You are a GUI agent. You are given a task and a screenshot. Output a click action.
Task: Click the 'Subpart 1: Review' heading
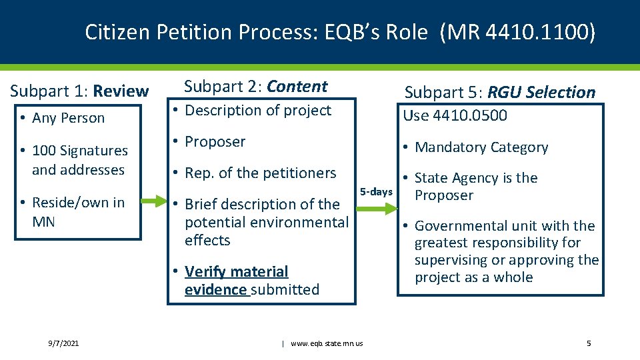(x=79, y=91)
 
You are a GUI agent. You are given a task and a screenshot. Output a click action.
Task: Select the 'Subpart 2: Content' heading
(x=255, y=86)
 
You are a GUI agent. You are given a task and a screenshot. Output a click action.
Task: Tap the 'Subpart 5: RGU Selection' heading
(x=499, y=92)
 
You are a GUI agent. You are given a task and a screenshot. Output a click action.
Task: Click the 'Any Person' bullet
(x=69, y=118)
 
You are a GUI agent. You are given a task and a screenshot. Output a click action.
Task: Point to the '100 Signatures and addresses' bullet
(x=79, y=160)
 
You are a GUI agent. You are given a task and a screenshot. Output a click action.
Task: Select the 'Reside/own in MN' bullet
(x=78, y=211)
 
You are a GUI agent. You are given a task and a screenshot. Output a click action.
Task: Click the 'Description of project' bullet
(x=257, y=111)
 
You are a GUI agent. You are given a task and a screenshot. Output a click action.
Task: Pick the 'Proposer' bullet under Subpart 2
(x=215, y=141)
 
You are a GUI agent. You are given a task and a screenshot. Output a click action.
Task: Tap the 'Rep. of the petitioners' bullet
(x=260, y=173)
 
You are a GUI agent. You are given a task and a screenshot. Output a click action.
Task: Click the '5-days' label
(x=376, y=192)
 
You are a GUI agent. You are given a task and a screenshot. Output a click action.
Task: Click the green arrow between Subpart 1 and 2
(x=155, y=201)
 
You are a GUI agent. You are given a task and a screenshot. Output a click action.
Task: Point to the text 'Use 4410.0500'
(x=455, y=115)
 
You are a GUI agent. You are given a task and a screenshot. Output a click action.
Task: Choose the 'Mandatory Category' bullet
(x=481, y=147)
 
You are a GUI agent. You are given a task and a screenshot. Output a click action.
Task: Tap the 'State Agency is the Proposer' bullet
(x=475, y=187)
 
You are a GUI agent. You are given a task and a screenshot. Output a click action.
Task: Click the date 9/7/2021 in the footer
(x=63, y=343)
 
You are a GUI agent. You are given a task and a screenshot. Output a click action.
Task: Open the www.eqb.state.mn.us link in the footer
(x=327, y=343)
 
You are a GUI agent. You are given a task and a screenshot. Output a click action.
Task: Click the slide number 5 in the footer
(x=589, y=343)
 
